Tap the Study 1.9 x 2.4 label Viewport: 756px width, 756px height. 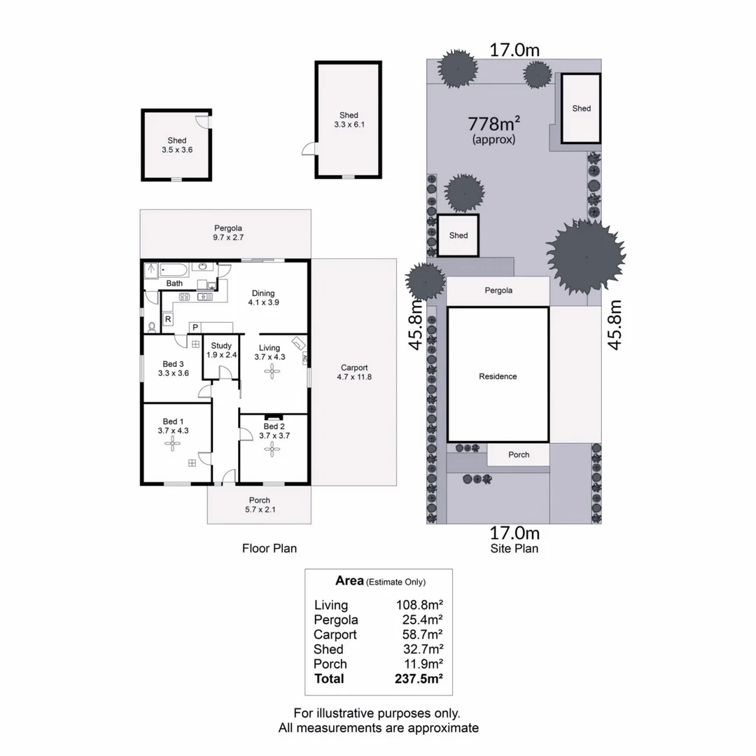pos(221,350)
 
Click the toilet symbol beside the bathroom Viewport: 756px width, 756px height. pos(152,326)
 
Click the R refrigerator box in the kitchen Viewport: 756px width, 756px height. pos(168,319)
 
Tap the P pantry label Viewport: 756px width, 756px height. pos(195,327)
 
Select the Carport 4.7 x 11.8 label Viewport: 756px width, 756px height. pos(354,372)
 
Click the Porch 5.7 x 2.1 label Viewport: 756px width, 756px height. pos(259,505)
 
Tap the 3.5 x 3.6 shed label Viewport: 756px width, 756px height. pos(176,145)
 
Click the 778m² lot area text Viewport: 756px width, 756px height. pos(493,125)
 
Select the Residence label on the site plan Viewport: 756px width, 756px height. pos(498,377)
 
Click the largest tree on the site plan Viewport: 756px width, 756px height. pos(584,255)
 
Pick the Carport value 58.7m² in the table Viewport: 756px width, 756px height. pos(419,634)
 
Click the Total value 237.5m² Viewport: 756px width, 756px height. pos(419,678)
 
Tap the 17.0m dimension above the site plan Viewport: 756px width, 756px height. pos(514,50)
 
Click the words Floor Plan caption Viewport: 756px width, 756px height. pos(269,548)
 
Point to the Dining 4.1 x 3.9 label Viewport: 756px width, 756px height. pos(263,298)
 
